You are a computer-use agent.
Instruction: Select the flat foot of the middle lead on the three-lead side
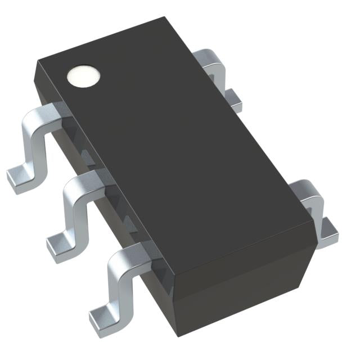pos(59,245)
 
